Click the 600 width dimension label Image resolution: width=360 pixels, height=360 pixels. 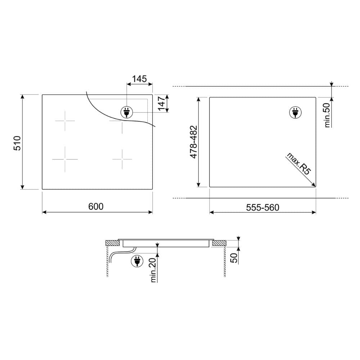[96, 206]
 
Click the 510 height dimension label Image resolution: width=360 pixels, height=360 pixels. [17, 143]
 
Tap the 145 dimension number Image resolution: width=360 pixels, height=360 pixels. [139, 79]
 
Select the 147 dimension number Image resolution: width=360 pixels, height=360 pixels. [162, 104]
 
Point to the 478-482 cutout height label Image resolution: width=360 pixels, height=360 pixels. [194, 142]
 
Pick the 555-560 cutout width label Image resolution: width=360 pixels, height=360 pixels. [263, 208]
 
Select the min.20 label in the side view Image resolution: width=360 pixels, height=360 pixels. [153, 270]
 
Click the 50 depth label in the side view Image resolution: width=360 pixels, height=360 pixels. [234, 258]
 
